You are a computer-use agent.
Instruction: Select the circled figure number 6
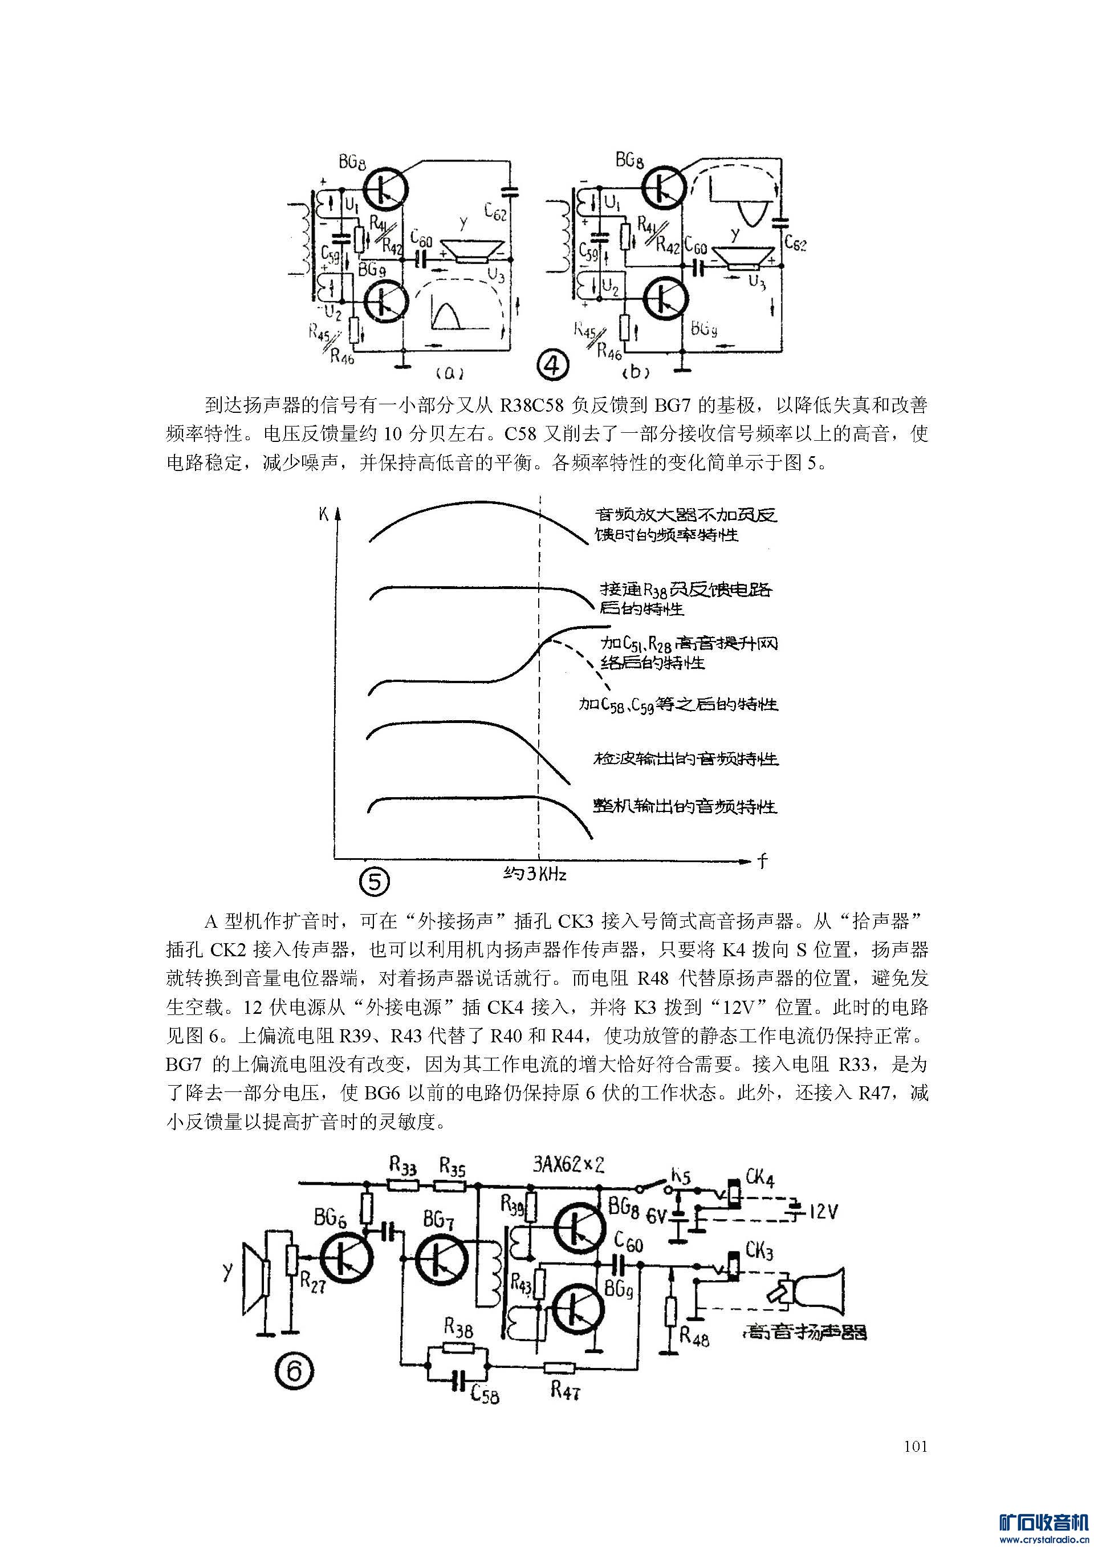[293, 1370]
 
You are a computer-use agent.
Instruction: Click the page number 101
[916, 1446]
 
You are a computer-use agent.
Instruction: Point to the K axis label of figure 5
[323, 514]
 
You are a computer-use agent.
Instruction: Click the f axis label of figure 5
[762, 861]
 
